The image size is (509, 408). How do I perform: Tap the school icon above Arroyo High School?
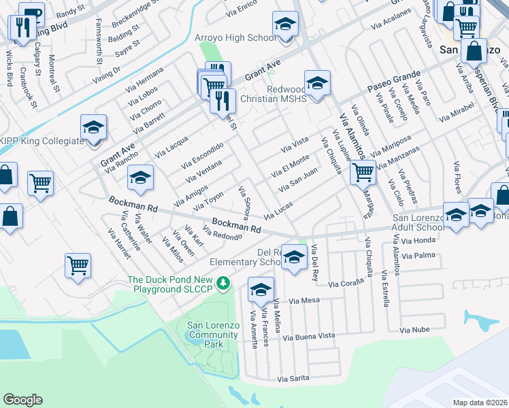[x=285, y=25]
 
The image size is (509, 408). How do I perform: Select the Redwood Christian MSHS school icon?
[x=317, y=84]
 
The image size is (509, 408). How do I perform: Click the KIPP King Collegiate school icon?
[x=93, y=128]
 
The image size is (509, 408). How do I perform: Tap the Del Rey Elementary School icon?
[x=294, y=258]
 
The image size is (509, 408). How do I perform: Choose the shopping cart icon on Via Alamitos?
[x=363, y=173]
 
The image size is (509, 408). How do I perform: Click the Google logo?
[x=22, y=400]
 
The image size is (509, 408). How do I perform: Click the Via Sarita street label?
[x=293, y=378]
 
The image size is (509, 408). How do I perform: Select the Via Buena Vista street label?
[x=309, y=336]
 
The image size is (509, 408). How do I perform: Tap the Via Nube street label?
[x=414, y=330]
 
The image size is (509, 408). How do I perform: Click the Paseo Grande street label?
[x=390, y=84]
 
